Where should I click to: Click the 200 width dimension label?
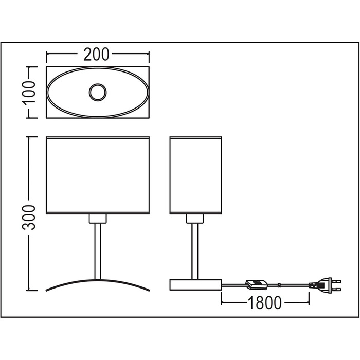coord(96,55)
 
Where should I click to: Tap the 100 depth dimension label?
coord(29,92)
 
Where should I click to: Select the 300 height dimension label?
coord(29,218)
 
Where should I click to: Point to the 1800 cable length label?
coord(265,302)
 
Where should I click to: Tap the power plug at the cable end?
coord(325,285)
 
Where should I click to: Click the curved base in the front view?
coord(98,280)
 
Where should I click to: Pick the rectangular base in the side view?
coord(195,285)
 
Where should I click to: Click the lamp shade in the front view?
coord(98,175)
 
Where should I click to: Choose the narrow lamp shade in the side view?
coord(195,175)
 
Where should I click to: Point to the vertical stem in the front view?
coord(98,251)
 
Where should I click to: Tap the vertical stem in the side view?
coord(195,251)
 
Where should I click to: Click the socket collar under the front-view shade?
coord(98,219)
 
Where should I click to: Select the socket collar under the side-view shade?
coord(195,219)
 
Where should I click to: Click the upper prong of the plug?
coord(336,281)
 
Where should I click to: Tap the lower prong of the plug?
coord(336,289)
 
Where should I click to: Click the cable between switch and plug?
coord(289,285)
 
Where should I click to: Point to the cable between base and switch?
coord(233,285)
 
